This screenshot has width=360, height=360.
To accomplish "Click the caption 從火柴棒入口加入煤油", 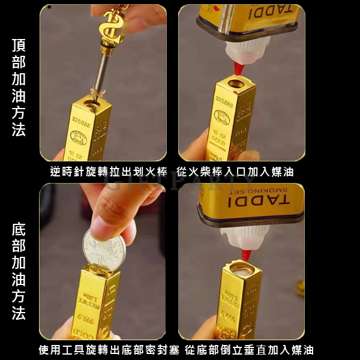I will pos(235,172).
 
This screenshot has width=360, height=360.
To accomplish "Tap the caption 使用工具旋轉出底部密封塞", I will pos(108,350).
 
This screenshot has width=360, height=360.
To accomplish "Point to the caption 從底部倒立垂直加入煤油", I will pos(249,350).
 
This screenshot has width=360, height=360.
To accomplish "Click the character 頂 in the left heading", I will pos(19,45).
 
